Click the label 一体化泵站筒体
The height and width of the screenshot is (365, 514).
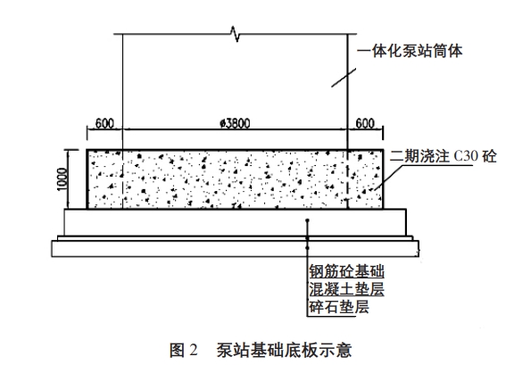pos(410,51)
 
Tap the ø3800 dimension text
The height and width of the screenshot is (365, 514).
pos(235,123)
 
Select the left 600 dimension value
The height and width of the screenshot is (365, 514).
pos(104,123)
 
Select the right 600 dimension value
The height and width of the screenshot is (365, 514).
pos(365,123)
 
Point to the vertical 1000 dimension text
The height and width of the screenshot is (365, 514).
pos(62,178)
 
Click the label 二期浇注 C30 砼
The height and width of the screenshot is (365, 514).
pos(443,156)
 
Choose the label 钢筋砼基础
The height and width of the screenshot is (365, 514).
pos(347,271)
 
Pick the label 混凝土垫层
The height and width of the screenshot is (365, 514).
pos(347,289)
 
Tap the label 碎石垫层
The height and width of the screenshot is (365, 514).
pos(339,307)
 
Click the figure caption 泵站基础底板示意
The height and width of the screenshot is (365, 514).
pos(284,350)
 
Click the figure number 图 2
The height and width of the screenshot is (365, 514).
pos(184,350)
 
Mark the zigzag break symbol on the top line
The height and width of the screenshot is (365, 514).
pos(236,34)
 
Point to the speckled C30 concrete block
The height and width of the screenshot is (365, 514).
pos(235,179)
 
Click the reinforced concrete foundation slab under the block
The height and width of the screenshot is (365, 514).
pos(235,222)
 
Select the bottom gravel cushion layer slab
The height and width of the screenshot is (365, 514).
pos(235,249)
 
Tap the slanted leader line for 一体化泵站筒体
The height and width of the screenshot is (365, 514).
pos(344,78)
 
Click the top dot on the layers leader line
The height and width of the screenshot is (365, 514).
pos(307,220)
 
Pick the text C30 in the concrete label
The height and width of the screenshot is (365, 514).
pos(466,156)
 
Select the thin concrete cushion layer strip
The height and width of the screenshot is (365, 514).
pos(235,238)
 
